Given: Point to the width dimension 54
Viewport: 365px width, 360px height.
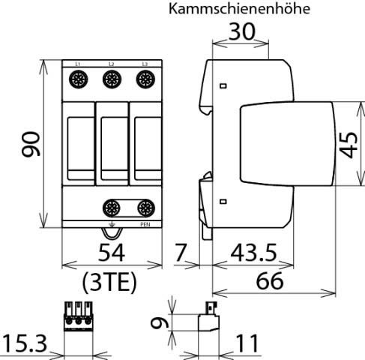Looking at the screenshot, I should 112,250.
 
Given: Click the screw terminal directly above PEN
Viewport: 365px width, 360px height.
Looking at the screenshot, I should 145,208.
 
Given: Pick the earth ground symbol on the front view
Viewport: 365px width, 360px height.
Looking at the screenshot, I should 112,223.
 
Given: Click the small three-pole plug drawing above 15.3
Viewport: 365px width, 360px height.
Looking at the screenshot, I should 79,316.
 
